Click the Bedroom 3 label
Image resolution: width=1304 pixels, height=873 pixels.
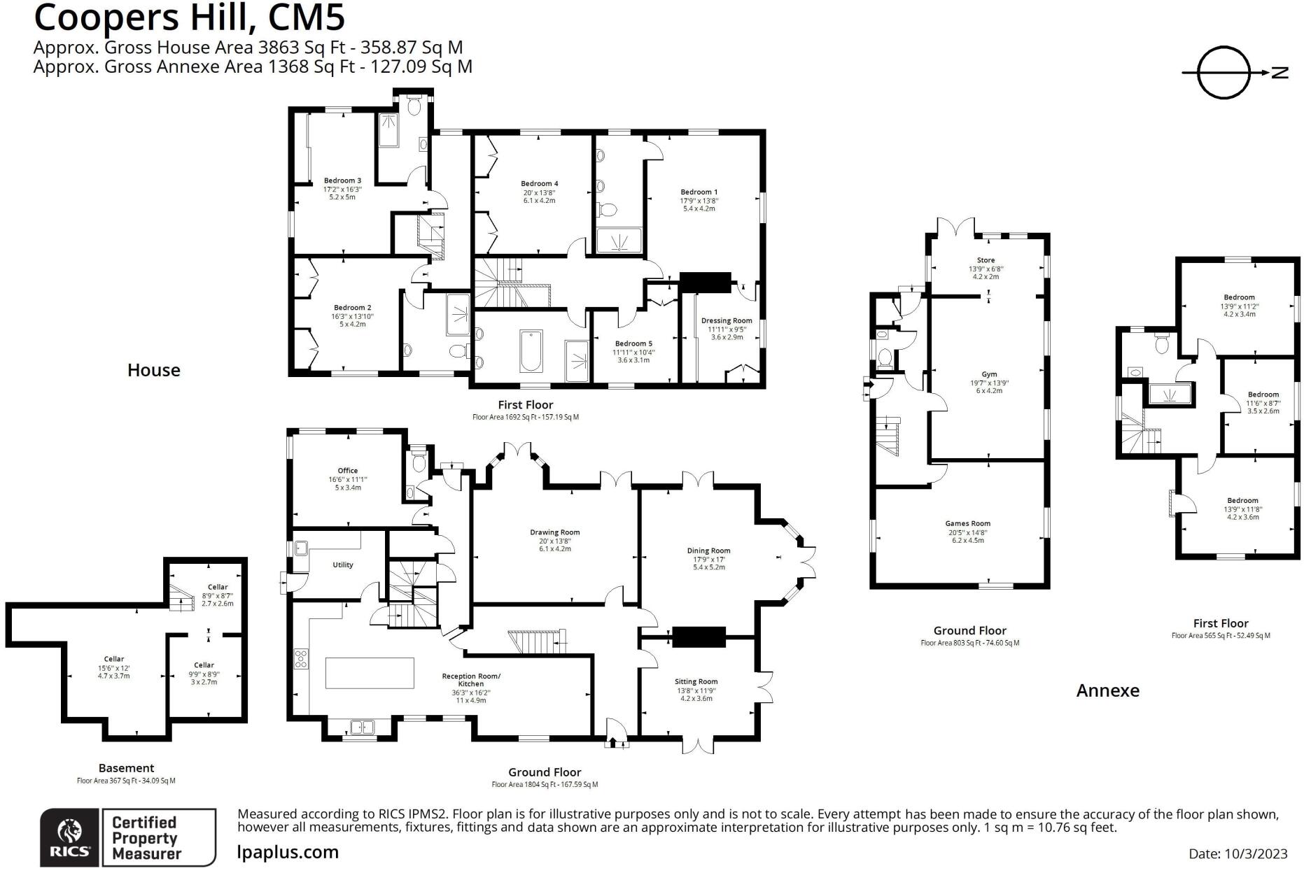(x=342, y=181)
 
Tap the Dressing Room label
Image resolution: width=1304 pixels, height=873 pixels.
(x=727, y=321)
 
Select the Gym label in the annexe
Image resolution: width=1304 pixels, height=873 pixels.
(x=988, y=374)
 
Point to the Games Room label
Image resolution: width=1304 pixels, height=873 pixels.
(x=967, y=523)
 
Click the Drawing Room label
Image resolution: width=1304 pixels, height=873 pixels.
(x=554, y=532)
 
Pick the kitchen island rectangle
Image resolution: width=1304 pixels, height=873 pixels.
(x=370, y=673)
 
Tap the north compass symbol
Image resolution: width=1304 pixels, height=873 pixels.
(x=1224, y=73)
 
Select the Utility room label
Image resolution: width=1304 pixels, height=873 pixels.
(x=342, y=565)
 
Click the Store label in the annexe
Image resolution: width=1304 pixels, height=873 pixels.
(x=986, y=260)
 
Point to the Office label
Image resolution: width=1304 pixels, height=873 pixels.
(x=347, y=471)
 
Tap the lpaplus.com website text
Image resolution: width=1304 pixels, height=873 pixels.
(x=288, y=852)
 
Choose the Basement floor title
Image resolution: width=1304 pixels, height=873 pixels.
(x=126, y=768)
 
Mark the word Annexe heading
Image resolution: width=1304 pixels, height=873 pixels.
(x=1107, y=690)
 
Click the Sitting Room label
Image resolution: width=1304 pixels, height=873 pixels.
(x=696, y=681)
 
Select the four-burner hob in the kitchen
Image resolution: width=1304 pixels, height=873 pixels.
(x=301, y=658)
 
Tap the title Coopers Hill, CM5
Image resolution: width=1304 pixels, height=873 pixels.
(x=189, y=18)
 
